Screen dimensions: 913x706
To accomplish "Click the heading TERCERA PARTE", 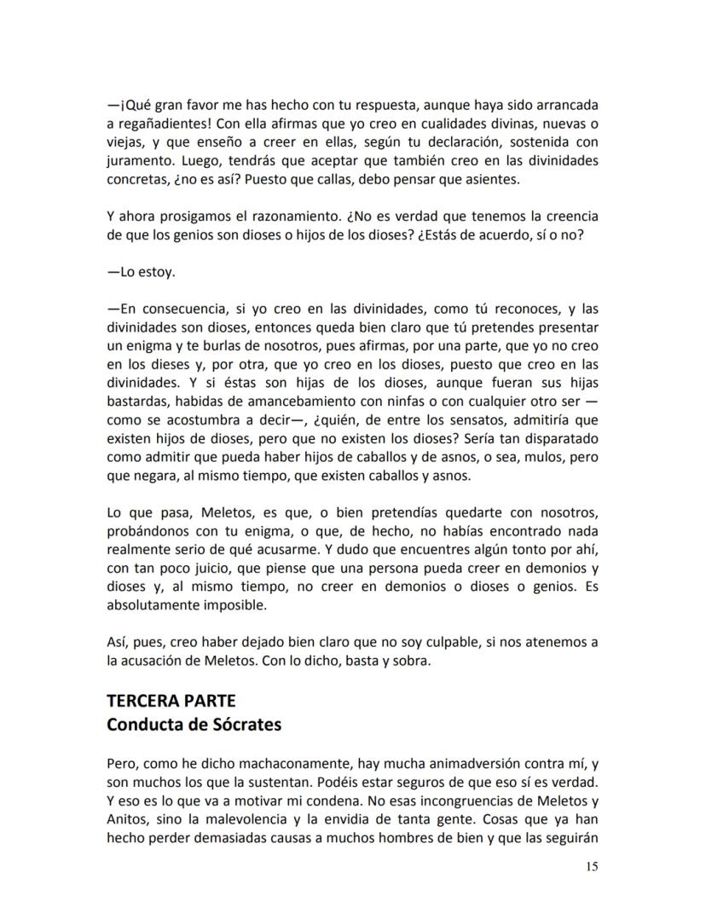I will click(171, 701).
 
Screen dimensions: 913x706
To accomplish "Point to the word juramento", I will click(139, 159).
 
